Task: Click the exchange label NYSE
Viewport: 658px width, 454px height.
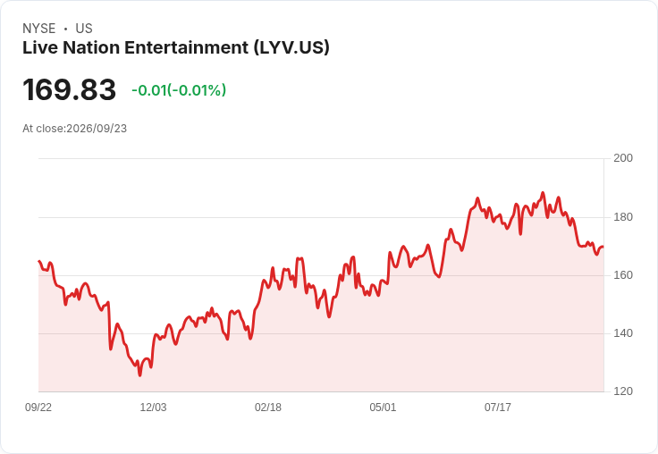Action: pyautogui.click(x=39, y=29)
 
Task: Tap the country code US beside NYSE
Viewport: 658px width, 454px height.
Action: pyautogui.click(x=84, y=29)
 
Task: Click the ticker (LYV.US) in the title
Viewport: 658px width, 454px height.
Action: pyautogui.click(x=291, y=47)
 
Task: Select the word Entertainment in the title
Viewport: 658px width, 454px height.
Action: pyautogui.click(x=186, y=47)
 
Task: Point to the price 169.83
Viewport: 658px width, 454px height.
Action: pyautogui.click(x=69, y=89)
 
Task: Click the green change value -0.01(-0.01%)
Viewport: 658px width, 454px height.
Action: pyautogui.click(x=179, y=90)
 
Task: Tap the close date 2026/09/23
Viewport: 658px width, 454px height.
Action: pyautogui.click(x=97, y=129)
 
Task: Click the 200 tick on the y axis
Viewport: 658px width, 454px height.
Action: pyautogui.click(x=623, y=158)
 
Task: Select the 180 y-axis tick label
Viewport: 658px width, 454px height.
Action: pyautogui.click(x=623, y=217)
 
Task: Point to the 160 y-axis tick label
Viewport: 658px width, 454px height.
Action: pyautogui.click(x=623, y=275)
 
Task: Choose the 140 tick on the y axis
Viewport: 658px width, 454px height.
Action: pyautogui.click(x=623, y=333)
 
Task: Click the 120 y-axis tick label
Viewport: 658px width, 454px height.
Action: pyautogui.click(x=623, y=391)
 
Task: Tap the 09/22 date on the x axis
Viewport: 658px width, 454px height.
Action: pyautogui.click(x=38, y=408)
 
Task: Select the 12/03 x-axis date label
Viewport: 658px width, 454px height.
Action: pyautogui.click(x=153, y=408)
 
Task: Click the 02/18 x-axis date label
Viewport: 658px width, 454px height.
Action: pyautogui.click(x=268, y=408)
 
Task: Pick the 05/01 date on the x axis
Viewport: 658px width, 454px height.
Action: pyautogui.click(x=383, y=408)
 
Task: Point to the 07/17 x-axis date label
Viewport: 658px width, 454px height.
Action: pyautogui.click(x=498, y=408)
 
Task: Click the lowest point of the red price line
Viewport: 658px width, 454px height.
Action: pyautogui.click(x=139, y=375)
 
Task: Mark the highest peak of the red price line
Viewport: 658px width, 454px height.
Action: pyautogui.click(x=543, y=193)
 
